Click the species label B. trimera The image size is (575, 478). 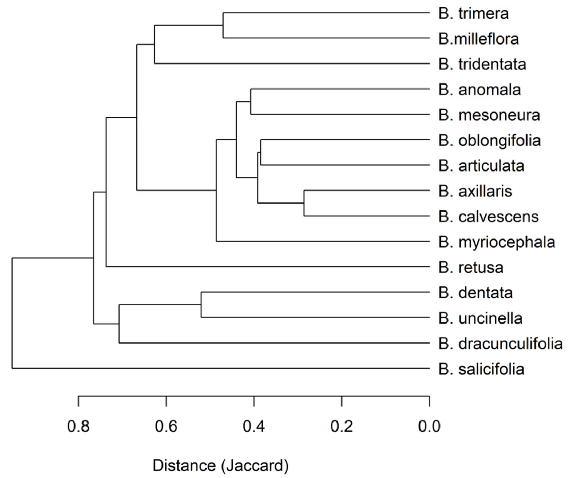(473, 13)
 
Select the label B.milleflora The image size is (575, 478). (478, 39)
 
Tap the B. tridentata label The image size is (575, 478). (482, 64)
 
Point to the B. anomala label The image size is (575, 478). (479, 90)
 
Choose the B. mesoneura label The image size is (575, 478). (489, 115)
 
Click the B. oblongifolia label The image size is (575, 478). (490, 141)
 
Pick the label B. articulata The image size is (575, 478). (481, 166)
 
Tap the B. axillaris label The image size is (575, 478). (475, 191)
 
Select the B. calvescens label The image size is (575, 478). (489, 217)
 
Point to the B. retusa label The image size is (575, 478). (471, 268)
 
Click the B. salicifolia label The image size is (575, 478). (481, 369)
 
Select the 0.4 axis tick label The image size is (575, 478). (254, 426)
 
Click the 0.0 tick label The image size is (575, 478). (429, 426)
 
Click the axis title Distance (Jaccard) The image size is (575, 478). (221, 466)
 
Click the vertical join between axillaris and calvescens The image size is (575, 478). (304, 203)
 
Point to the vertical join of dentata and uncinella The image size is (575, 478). (201, 305)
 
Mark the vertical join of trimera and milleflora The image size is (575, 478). (223, 25)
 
